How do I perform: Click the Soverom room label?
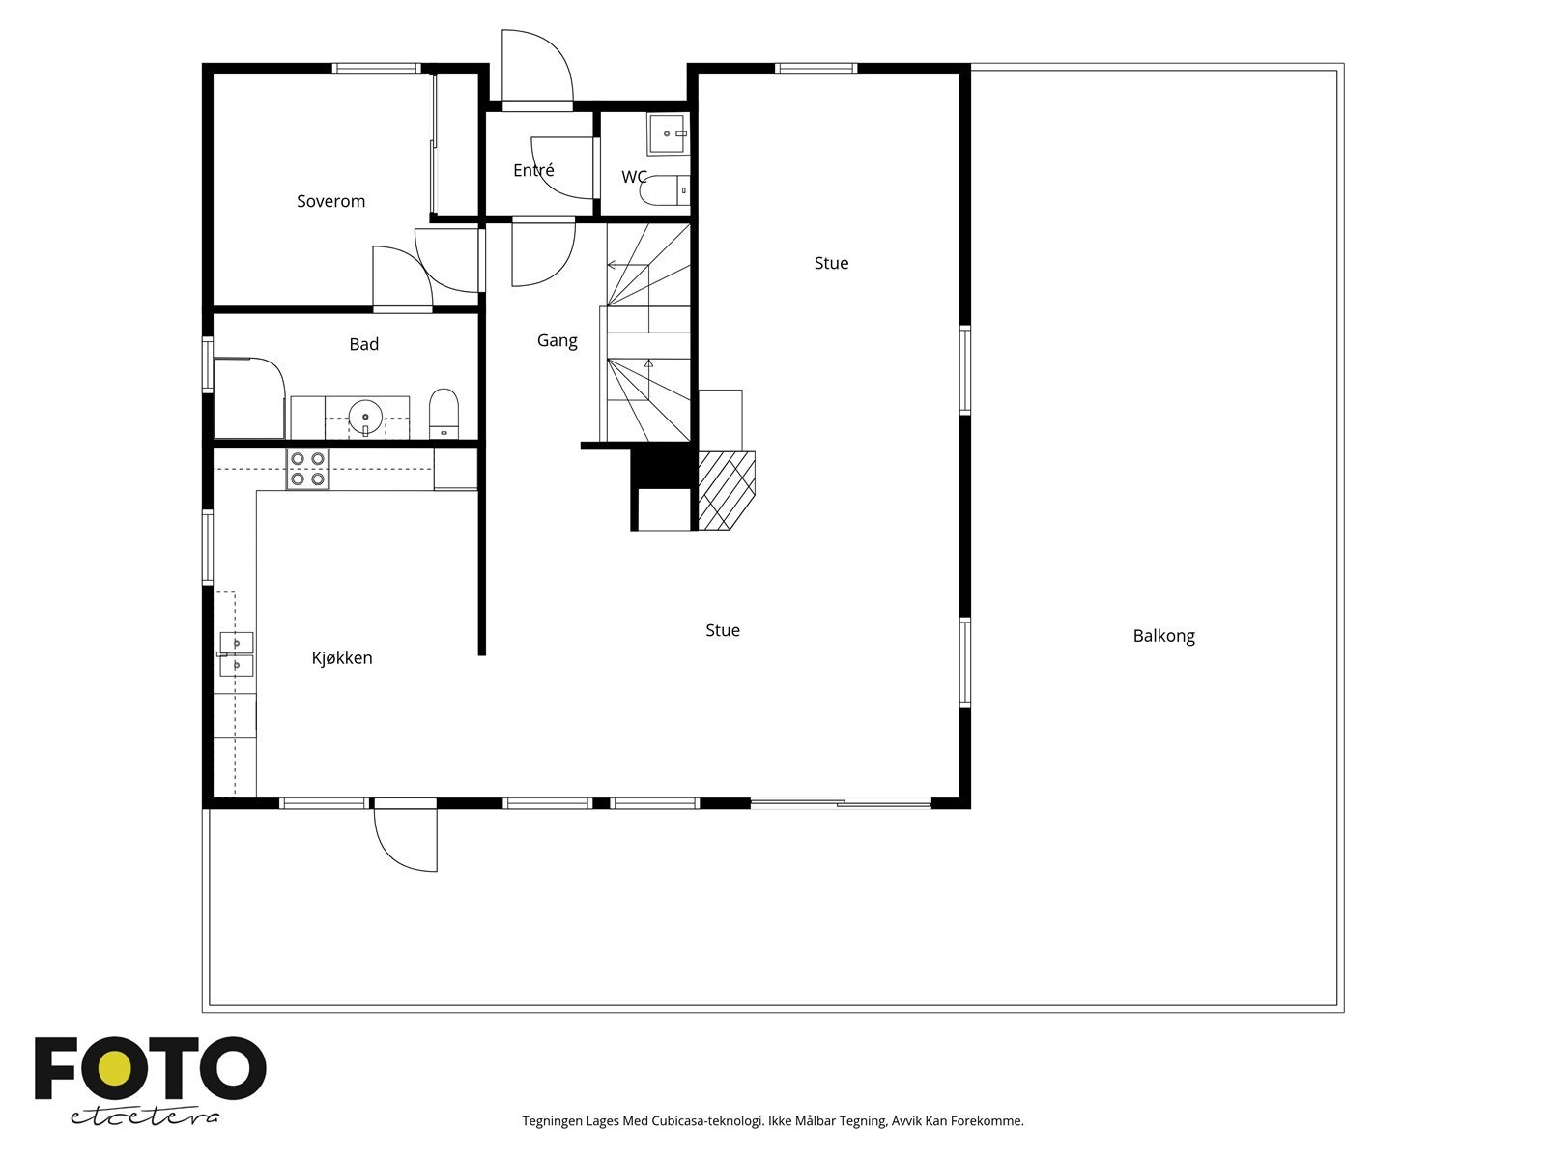[330, 201]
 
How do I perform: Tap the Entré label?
[533, 170]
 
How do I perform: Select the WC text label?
[634, 177]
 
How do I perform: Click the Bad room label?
[363, 344]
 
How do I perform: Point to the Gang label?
[557, 340]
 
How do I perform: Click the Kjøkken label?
[341, 658]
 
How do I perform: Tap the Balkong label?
[1163, 636]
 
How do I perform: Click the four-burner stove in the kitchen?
[307, 469]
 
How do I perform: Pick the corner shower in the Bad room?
[247, 396]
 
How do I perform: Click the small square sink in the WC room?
[667, 133]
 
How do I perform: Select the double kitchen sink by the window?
[236, 654]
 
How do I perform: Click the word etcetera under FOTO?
[145, 1116]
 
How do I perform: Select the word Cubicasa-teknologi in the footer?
[707, 1121]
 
